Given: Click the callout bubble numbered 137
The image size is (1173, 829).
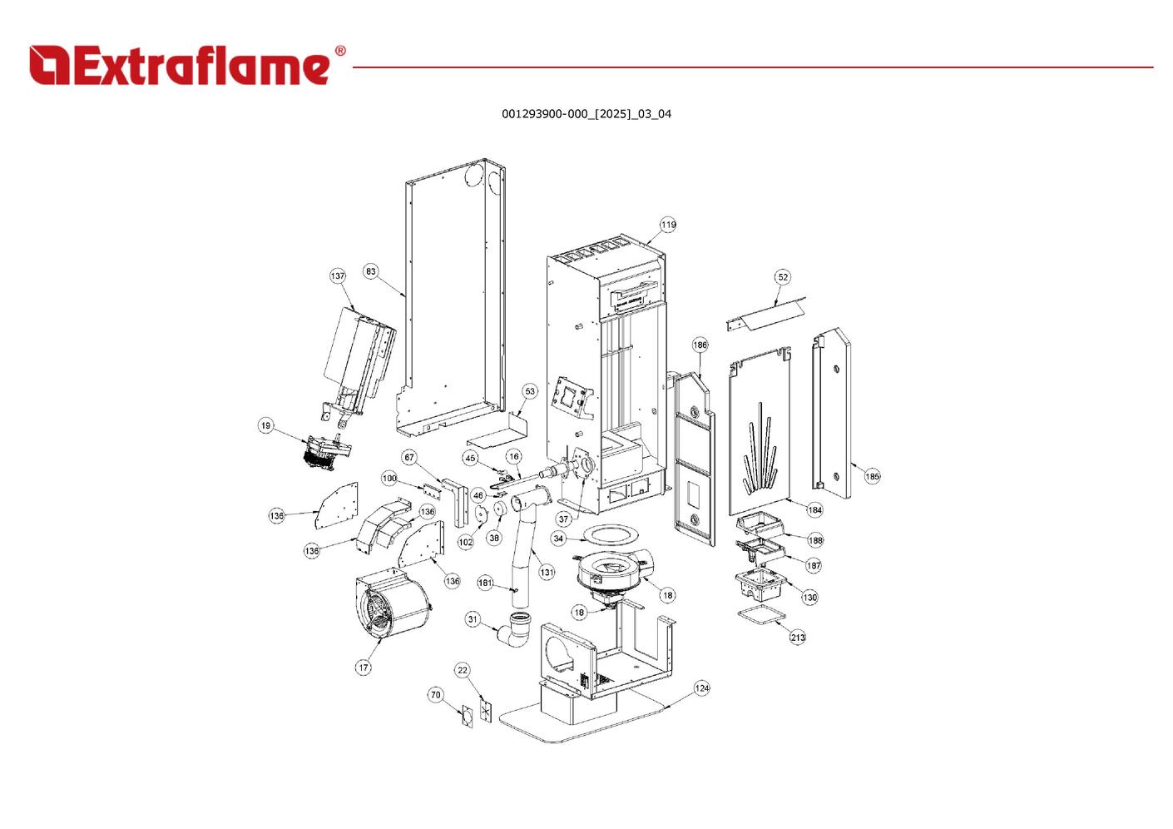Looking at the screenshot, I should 338,276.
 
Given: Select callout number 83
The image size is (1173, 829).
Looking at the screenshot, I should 371,271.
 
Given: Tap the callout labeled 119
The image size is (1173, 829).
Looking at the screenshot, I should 669,225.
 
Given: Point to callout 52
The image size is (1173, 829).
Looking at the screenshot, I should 783,277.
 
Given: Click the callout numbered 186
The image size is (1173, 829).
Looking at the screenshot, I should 700,345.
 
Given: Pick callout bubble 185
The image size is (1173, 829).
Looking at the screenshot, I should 872,477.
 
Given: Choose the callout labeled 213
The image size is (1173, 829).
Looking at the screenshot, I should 798,638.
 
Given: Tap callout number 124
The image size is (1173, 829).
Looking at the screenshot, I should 702,688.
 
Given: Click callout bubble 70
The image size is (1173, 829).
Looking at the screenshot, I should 436,695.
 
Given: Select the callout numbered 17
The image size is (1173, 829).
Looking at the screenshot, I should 364,668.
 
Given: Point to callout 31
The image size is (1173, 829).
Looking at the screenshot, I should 473,619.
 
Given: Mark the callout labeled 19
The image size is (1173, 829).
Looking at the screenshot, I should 265,426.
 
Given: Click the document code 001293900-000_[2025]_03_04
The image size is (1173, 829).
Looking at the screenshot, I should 586,114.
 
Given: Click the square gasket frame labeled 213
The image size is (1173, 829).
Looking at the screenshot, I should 762,615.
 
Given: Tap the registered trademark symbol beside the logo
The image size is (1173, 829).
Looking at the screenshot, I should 340,52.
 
